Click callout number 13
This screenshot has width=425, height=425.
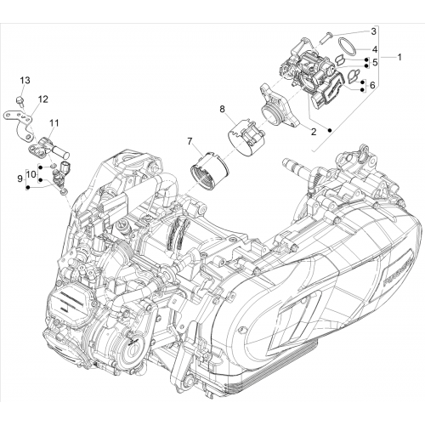(x=25, y=80)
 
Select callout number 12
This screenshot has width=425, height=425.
(x=43, y=99)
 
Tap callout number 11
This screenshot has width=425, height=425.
(x=54, y=123)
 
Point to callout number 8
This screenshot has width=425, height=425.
(x=222, y=109)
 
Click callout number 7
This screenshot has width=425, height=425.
(x=190, y=140)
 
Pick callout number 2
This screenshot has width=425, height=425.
(x=314, y=132)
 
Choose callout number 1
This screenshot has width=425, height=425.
(x=399, y=58)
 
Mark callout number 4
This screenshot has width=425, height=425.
(x=375, y=49)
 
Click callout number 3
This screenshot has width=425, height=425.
(x=373, y=31)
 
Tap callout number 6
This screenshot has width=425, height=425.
(x=372, y=85)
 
